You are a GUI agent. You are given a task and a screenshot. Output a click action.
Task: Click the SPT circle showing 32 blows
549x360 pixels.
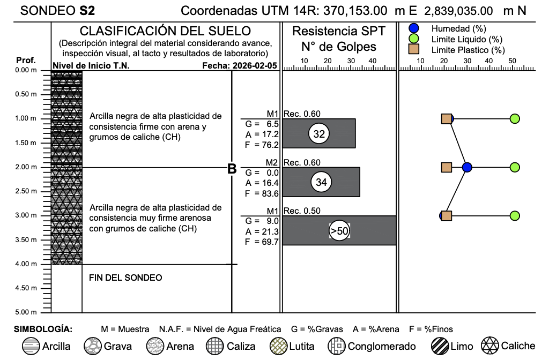(319, 134)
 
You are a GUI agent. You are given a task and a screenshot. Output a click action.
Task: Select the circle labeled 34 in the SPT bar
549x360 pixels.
(321, 183)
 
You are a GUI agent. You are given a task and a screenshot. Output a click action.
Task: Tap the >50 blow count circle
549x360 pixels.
(339, 231)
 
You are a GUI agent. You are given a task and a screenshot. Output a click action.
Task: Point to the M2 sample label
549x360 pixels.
(272, 162)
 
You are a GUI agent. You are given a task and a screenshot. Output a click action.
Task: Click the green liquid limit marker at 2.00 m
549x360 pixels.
(515, 167)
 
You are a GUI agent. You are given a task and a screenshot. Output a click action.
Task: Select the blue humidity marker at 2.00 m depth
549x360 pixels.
(467, 167)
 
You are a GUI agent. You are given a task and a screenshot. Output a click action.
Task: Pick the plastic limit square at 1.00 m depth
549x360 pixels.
(446, 119)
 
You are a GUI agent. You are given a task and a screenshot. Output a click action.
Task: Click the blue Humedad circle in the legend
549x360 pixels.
(413, 28)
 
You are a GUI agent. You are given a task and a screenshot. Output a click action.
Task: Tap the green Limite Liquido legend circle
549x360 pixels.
(413, 39)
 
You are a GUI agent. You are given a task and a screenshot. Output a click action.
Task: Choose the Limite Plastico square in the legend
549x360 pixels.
(413, 50)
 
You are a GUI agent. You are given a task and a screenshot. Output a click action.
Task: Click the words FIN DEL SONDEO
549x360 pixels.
(125, 277)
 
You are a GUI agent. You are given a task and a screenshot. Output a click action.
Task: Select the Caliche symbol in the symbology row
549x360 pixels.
(489, 346)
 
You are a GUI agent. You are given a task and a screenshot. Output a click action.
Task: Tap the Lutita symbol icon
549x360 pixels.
(278, 346)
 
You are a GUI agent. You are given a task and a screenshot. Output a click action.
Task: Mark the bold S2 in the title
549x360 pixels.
(87, 10)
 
